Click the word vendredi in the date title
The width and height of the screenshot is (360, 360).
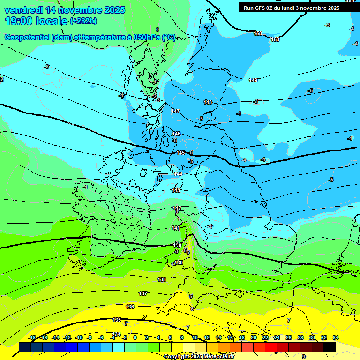pos(23,10)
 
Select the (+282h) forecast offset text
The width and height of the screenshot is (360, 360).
pos(83,21)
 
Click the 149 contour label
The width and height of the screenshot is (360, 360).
pos(253,81)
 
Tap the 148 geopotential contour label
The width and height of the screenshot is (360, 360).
pos(208,102)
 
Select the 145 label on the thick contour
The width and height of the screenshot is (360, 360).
pos(180,153)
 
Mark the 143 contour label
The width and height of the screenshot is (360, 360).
pos(176,190)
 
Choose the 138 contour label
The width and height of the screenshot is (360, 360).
pos(162,279)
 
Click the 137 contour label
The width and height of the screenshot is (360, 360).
pos(143,293)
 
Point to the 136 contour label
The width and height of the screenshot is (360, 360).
pos(130,307)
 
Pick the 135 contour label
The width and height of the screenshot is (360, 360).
pos(117,320)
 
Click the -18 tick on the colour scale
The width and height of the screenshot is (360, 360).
pos(32,337)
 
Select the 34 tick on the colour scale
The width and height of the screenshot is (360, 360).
pos(336,337)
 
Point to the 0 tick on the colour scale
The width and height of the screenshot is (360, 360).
pos(135,337)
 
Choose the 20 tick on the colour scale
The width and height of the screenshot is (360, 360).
pos(254,337)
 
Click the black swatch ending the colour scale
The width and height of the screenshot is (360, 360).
pos(330,347)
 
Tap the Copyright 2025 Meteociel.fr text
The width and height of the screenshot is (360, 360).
pos(199,357)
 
